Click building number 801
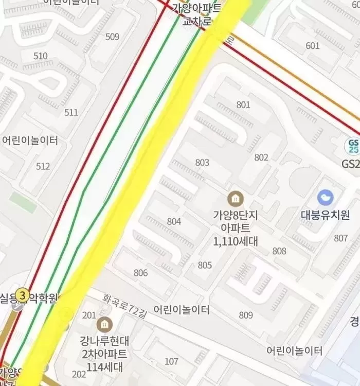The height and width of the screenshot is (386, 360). [243, 105]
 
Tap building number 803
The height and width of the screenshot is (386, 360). [202, 163]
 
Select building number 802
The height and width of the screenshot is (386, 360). [261, 157]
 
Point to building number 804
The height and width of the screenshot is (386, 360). [174, 221]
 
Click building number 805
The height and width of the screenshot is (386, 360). [205, 265]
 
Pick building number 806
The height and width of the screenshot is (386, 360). [140, 273]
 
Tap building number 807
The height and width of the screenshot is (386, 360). [340, 238]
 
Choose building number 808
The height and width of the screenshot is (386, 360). [279, 251]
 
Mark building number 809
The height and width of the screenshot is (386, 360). [246, 315]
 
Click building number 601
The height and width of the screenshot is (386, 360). [312, 46]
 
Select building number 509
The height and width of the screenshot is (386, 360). [112, 37]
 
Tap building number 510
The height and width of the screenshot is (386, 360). [40, 56]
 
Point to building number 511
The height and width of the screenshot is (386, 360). [71, 112]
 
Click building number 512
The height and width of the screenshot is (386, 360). [43, 166]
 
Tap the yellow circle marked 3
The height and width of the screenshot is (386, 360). [22, 296]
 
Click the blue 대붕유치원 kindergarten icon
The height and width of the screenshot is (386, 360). [325, 197]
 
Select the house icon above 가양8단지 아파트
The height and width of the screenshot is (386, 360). [235, 198]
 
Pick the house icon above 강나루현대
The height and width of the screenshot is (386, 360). [104, 324]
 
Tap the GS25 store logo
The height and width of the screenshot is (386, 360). [353, 146]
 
